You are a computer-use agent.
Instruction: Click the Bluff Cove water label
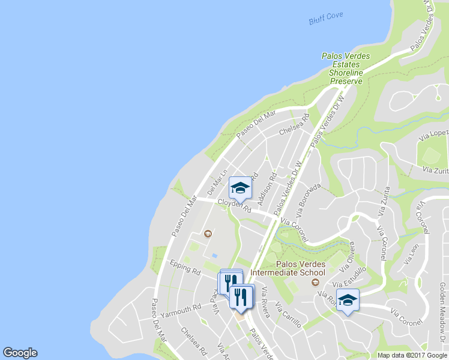(x=326, y=18)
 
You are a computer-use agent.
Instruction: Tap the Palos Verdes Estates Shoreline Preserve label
(x=345, y=68)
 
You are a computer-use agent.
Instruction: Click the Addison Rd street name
(x=265, y=187)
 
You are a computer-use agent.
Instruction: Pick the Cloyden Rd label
(x=234, y=205)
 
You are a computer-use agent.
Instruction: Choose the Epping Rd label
(x=184, y=267)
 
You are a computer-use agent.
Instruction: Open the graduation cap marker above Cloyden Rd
(x=240, y=188)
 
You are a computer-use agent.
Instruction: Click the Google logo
(x=20, y=353)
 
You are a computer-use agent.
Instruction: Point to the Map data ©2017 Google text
(x=412, y=355)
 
